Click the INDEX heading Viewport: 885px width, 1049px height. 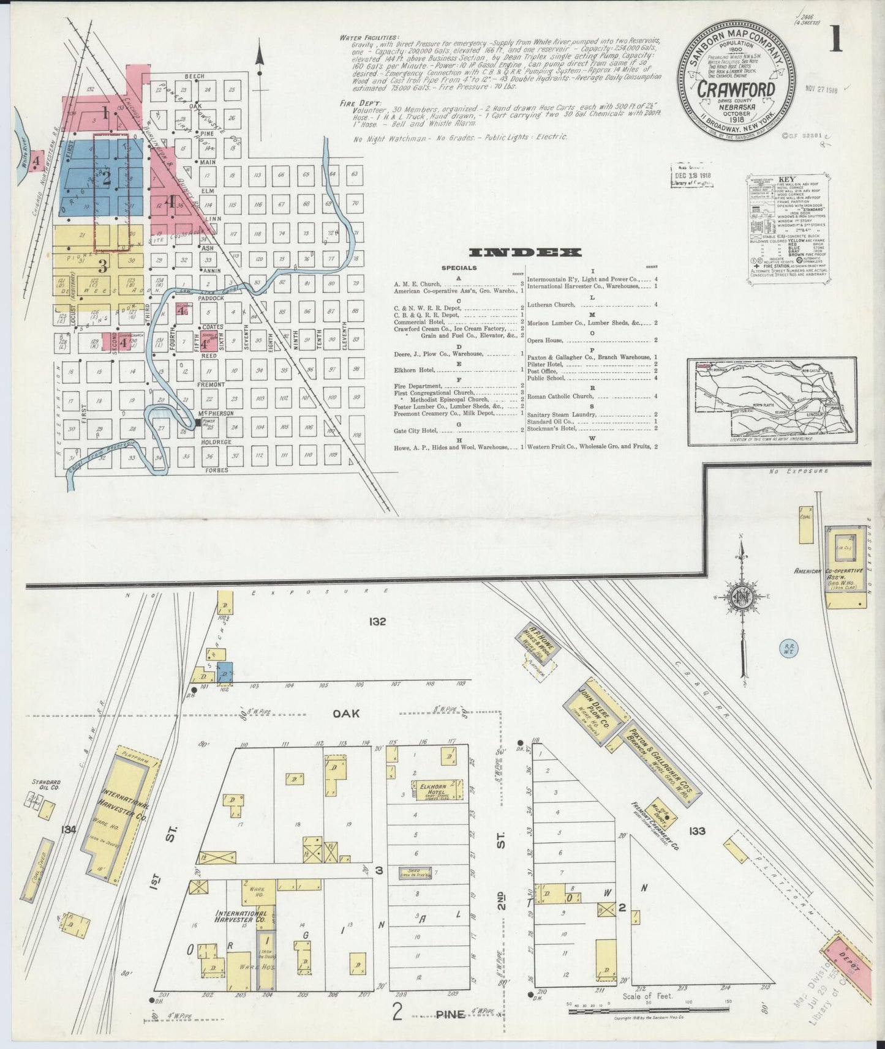[525, 252]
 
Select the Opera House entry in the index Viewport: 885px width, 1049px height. [548, 340]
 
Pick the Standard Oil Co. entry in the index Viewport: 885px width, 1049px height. [550, 421]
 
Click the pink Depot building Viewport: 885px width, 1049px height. [848, 969]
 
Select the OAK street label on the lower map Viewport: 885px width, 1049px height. [346, 714]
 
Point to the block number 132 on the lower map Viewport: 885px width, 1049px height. [377, 622]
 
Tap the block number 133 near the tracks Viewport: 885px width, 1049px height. [697, 831]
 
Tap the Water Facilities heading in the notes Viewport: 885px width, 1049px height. [369, 37]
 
